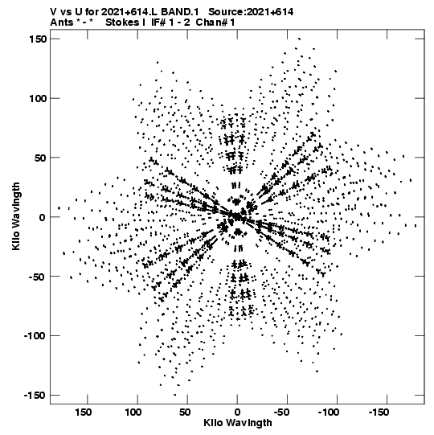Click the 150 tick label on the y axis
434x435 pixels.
[x=38, y=39]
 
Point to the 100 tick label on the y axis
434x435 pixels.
[x=38, y=98]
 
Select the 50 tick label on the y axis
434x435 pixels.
[x=40, y=158]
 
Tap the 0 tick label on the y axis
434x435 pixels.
[x=42, y=217]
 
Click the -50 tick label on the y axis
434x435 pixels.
[x=38, y=277]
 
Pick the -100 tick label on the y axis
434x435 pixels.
[x=35, y=336]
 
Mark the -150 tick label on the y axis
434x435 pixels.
[x=35, y=396]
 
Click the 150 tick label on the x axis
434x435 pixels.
[x=84, y=412]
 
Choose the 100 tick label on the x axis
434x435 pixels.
[x=133, y=412]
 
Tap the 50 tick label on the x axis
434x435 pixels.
[x=185, y=412]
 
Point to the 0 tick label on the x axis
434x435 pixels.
[x=237, y=412]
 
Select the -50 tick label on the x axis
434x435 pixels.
[x=283, y=412]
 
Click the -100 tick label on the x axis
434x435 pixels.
[x=330, y=412]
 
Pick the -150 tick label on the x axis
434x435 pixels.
[x=379, y=412]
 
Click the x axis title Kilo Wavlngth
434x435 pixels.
[x=238, y=423]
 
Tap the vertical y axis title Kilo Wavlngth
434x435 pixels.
[x=16, y=216]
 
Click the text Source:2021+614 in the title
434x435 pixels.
[x=251, y=12]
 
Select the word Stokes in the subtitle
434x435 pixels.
[x=122, y=23]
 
